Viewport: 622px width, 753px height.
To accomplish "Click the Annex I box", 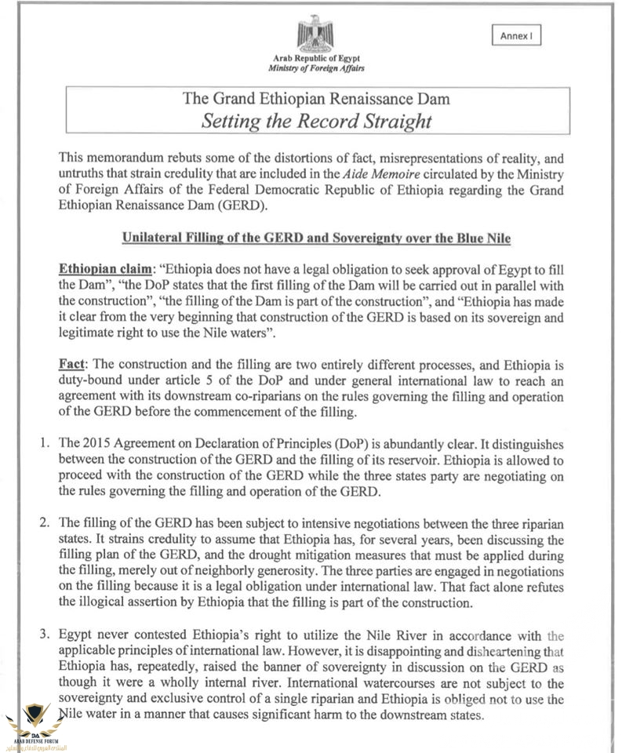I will [516, 36].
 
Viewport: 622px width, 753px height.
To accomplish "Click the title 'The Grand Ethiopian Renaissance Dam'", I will [316, 100].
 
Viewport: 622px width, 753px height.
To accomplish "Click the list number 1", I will [45, 443].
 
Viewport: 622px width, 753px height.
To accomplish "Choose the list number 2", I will [45, 524].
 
